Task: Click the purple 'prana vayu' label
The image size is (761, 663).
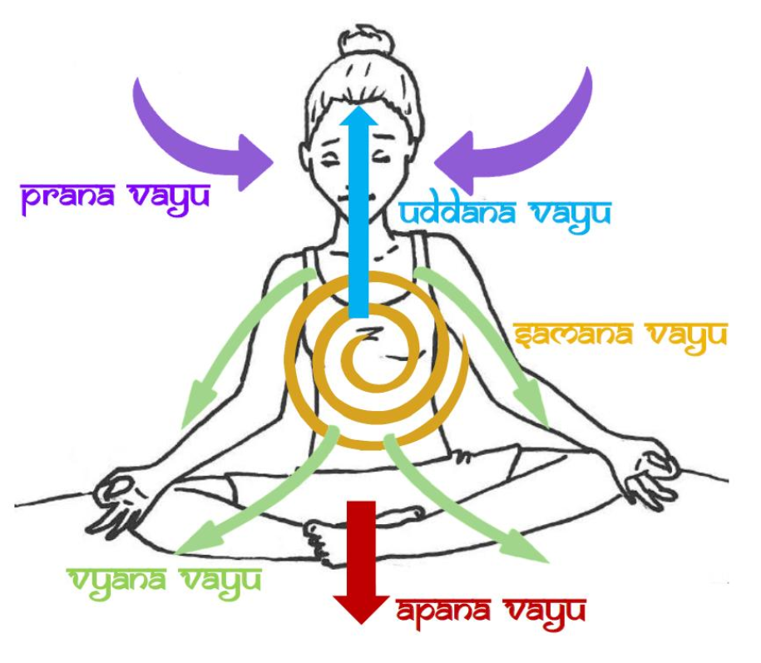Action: tap(116, 198)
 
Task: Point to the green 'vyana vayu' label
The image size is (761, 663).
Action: tap(166, 582)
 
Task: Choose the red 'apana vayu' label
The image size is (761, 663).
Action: tap(492, 613)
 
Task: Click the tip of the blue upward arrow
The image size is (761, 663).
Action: tap(358, 106)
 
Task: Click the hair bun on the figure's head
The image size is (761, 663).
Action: tap(364, 42)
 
